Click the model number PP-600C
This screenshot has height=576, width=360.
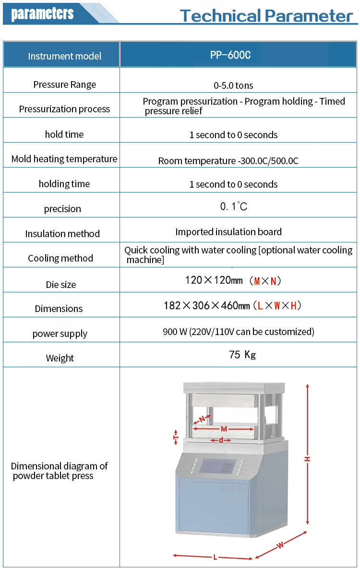(x=230, y=55)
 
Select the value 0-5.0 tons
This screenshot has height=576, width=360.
(x=233, y=85)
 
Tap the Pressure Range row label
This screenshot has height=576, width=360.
(x=64, y=84)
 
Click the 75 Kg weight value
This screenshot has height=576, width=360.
(x=242, y=355)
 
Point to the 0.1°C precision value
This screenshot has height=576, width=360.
(x=233, y=206)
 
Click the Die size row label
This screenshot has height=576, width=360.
(x=60, y=285)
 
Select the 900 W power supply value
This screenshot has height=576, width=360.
(x=239, y=332)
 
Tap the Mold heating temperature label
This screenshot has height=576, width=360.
(x=64, y=159)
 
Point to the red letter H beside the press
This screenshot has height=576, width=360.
(x=308, y=459)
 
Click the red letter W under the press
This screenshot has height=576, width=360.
(x=280, y=544)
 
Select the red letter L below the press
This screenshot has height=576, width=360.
(x=215, y=557)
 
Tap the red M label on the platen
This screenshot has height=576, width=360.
(x=224, y=429)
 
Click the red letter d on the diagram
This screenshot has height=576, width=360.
(x=221, y=440)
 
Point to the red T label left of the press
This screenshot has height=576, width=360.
(x=176, y=437)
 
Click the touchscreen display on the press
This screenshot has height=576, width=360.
(x=217, y=466)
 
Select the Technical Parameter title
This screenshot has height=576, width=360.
(x=266, y=16)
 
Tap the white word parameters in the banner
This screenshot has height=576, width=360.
(x=42, y=14)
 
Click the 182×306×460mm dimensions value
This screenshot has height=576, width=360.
(x=232, y=305)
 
